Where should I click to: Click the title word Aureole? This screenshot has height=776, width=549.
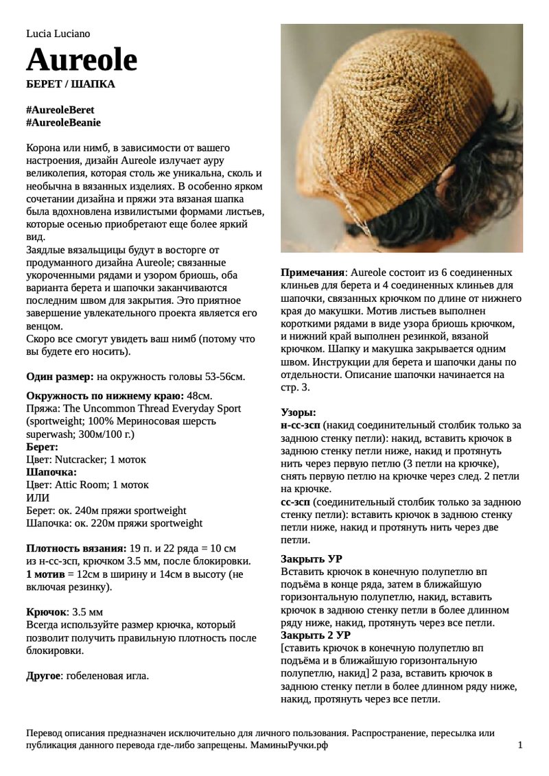82,60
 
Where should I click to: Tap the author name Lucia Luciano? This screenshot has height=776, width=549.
58,33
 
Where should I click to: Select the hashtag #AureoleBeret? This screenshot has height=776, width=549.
60,110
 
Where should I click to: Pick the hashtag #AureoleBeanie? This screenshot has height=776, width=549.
63,122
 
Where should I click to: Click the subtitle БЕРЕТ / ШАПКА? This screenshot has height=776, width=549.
70,84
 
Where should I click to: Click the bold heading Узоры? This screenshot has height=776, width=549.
299,413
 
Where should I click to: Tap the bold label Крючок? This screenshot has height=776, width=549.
46,611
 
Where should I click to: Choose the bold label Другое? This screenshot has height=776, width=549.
43,676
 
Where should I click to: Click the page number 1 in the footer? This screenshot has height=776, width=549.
520,745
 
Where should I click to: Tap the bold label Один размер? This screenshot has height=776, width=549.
60,377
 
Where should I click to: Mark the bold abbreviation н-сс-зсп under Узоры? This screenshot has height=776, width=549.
301,426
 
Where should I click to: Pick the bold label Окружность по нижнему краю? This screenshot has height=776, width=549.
104,396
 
